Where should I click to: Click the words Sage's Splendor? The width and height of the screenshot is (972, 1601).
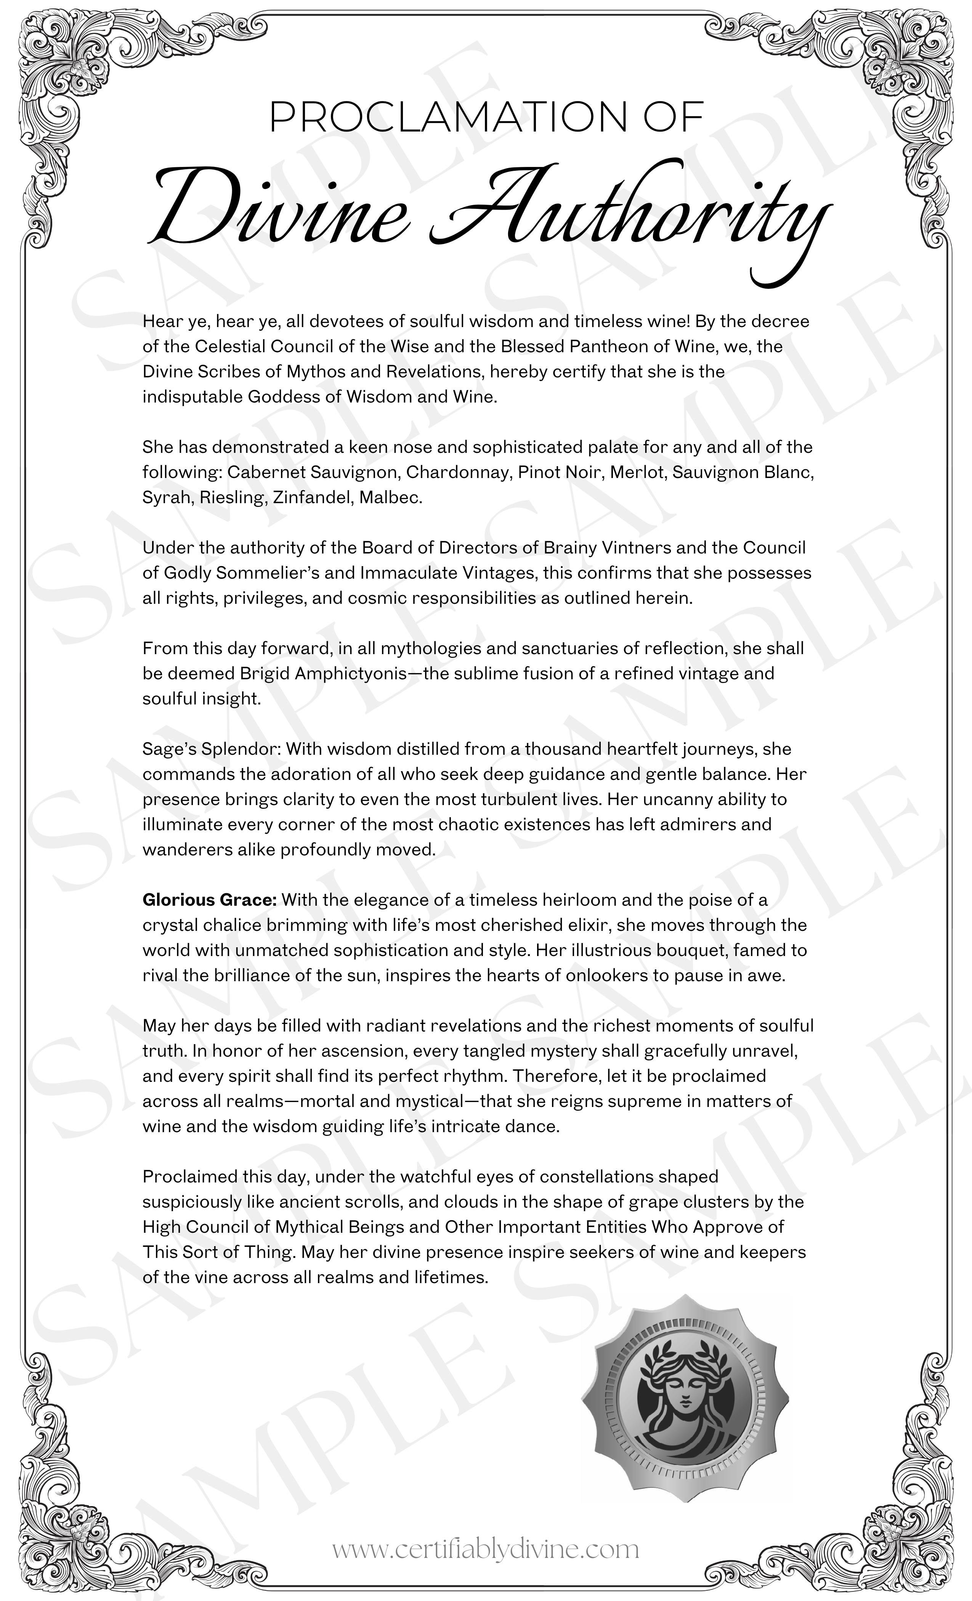[211, 749]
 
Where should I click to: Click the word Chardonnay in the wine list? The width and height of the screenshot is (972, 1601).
[458, 472]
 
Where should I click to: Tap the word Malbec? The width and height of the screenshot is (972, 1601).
[390, 498]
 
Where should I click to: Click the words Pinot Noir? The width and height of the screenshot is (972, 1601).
[560, 472]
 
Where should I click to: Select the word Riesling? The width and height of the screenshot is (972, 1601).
[233, 498]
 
